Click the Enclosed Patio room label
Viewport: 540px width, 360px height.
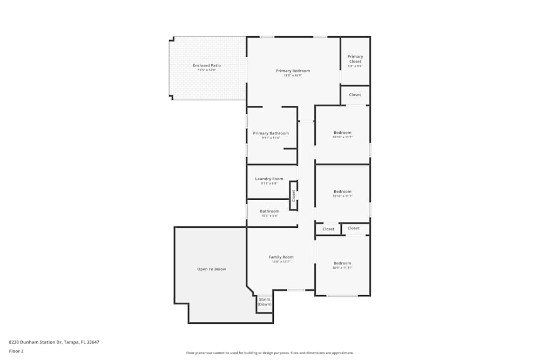coord(207,65)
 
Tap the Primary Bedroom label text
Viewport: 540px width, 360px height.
coord(293,71)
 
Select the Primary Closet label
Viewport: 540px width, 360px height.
coord(355,59)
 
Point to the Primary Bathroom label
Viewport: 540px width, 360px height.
coord(271,133)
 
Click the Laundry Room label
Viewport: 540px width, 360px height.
coord(269,179)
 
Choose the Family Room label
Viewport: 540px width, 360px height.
coord(281,257)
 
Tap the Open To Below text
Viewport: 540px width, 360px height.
coord(212,269)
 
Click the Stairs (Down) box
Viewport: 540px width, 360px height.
coord(265,302)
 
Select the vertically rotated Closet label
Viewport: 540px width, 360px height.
coord(294,195)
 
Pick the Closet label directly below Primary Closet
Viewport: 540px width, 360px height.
coord(355,95)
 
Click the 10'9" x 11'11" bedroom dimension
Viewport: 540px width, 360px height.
coord(342,268)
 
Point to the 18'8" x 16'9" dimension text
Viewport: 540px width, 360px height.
coord(293,76)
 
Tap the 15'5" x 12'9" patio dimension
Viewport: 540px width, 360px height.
coord(207,70)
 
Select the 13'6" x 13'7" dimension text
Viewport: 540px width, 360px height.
coord(281,262)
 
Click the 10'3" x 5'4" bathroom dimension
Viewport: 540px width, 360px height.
coord(269,216)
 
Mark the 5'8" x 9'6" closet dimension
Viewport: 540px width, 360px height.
coord(355,66)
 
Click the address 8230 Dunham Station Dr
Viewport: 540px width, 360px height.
coord(54,342)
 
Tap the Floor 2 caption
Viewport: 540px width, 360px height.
coord(16,351)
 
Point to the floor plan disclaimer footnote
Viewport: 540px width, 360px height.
coord(270,353)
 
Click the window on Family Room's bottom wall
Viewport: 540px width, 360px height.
coord(296,290)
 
